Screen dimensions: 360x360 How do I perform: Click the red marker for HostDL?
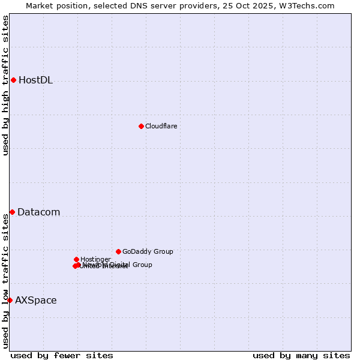point(13,80)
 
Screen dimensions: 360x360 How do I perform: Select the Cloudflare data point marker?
point(141,126)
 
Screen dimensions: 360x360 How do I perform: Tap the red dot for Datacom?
point(12,212)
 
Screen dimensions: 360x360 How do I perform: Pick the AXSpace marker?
point(10,300)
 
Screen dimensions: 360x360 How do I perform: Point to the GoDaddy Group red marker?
point(118,251)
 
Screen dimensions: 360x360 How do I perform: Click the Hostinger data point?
point(76,259)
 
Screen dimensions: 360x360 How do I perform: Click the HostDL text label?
point(35,80)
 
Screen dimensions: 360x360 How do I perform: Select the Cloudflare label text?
point(161,126)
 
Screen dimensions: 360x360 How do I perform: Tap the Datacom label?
point(38,212)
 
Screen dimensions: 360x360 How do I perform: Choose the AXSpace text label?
point(35,301)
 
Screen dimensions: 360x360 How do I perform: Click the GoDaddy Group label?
point(148,252)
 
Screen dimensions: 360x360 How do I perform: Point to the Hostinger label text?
point(95,259)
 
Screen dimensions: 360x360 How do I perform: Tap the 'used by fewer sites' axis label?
point(62,355)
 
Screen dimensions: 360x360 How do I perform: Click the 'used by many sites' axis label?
point(301,355)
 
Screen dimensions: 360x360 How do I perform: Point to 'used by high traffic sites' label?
point(6,85)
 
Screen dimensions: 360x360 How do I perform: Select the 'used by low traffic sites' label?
point(6,281)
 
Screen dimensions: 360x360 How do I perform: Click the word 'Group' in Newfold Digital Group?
point(142,265)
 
